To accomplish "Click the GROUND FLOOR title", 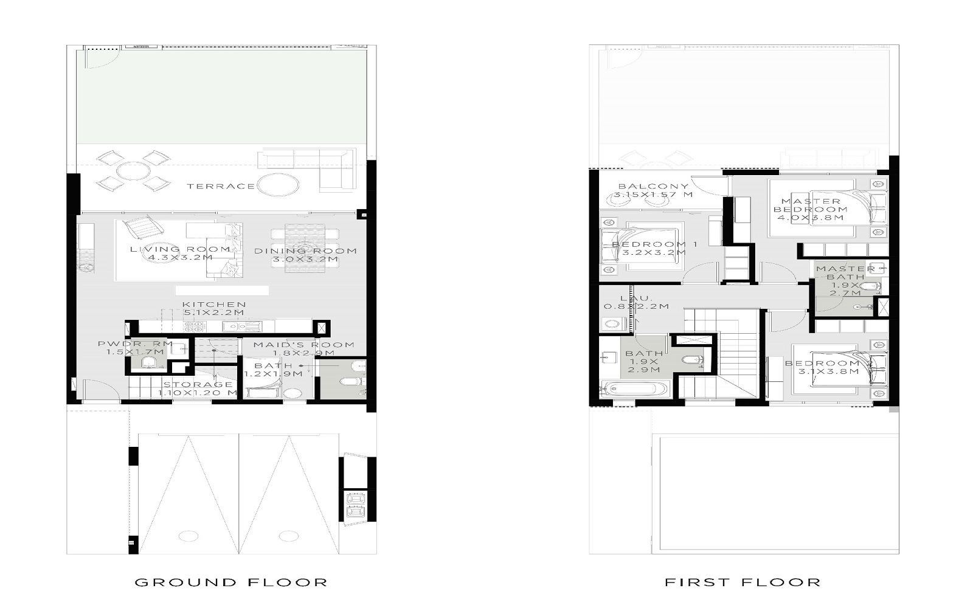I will (x=231, y=582).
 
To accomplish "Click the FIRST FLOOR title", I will (x=743, y=582).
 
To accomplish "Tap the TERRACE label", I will (x=220, y=186).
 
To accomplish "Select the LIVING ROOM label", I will (x=180, y=249).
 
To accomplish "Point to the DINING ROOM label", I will (x=305, y=251).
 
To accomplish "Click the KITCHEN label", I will (x=214, y=305).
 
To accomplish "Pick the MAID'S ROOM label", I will (x=303, y=345).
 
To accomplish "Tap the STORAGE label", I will (x=198, y=385).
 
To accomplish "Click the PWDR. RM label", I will (x=131, y=344).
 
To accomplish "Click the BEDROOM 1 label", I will (x=654, y=244).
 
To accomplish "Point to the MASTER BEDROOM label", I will (x=811, y=206).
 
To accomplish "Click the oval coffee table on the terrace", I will (x=279, y=184).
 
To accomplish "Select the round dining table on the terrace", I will (x=133, y=170).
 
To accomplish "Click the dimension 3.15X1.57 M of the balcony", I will (x=653, y=195).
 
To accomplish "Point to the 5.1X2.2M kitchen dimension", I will (x=214, y=313).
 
